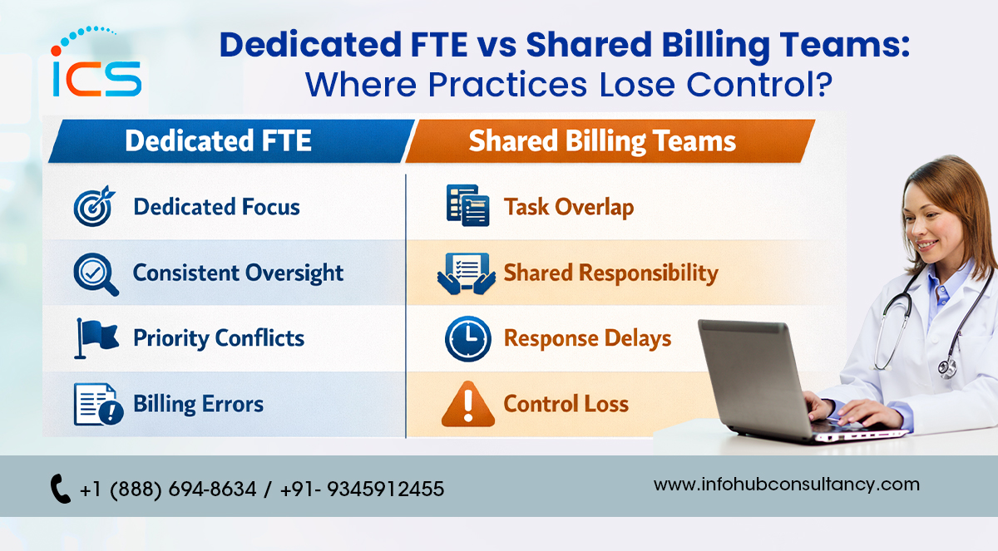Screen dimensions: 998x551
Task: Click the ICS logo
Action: click(x=96, y=61)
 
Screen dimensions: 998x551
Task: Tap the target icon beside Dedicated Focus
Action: click(x=94, y=206)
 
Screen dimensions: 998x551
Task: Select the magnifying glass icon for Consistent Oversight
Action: click(x=96, y=274)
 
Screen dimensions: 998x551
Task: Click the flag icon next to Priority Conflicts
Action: click(x=96, y=338)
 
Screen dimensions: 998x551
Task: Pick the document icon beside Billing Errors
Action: click(x=98, y=404)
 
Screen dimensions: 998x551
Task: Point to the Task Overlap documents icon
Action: click(x=467, y=205)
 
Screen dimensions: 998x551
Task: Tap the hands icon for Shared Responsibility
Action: click(x=467, y=273)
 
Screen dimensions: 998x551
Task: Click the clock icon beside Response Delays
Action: click(x=467, y=339)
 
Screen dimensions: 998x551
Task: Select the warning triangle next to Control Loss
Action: click(x=467, y=404)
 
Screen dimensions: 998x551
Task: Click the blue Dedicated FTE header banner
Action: click(x=231, y=140)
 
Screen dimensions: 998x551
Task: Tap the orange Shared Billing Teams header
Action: click(x=610, y=140)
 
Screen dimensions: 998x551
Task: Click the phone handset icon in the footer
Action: click(x=60, y=489)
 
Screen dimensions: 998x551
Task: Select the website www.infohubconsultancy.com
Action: click(x=787, y=485)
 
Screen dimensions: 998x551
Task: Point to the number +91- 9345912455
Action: click(x=363, y=489)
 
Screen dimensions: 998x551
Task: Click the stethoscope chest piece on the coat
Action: click(x=946, y=368)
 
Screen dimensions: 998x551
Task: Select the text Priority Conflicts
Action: click(x=219, y=338)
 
